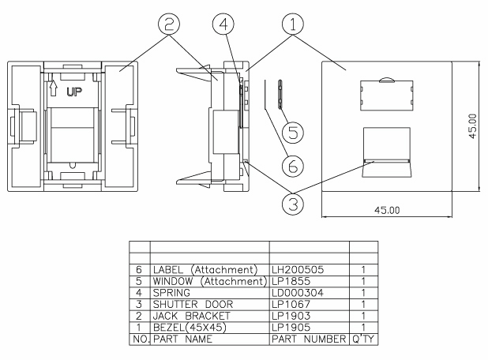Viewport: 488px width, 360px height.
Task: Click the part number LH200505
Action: coord(296,270)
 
